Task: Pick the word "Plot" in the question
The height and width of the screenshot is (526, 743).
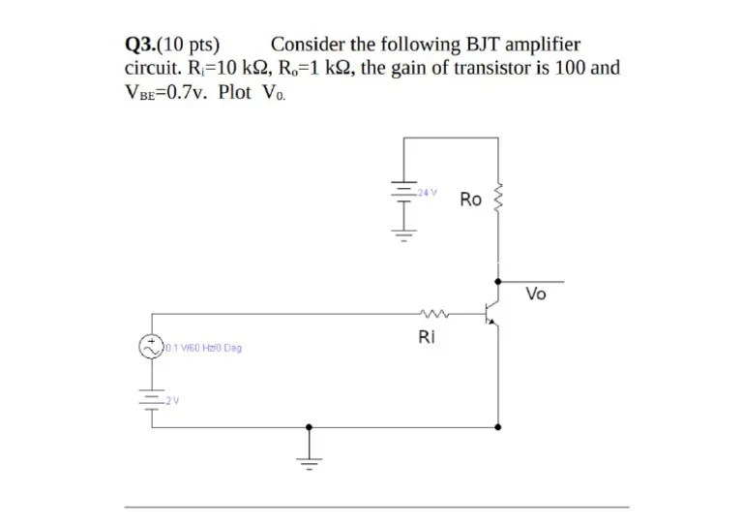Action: point(234,92)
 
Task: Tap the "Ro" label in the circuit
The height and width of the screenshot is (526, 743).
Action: point(471,200)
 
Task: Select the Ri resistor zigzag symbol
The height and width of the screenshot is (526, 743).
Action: point(432,313)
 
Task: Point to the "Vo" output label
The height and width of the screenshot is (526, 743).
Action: point(536,294)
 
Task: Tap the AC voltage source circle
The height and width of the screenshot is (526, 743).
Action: point(152,346)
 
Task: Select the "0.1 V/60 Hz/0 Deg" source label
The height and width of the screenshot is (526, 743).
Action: point(203,347)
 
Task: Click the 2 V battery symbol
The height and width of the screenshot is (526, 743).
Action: point(152,398)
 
